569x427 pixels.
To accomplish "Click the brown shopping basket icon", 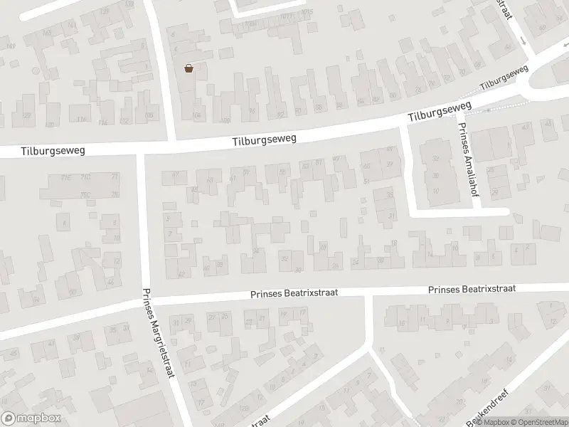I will click(x=189, y=68).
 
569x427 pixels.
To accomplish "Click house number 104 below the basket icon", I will click(x=197, y=114).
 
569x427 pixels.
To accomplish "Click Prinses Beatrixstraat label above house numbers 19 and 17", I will click(x=293, y=292).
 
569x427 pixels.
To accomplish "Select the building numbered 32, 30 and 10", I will click(x=435, y=171).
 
